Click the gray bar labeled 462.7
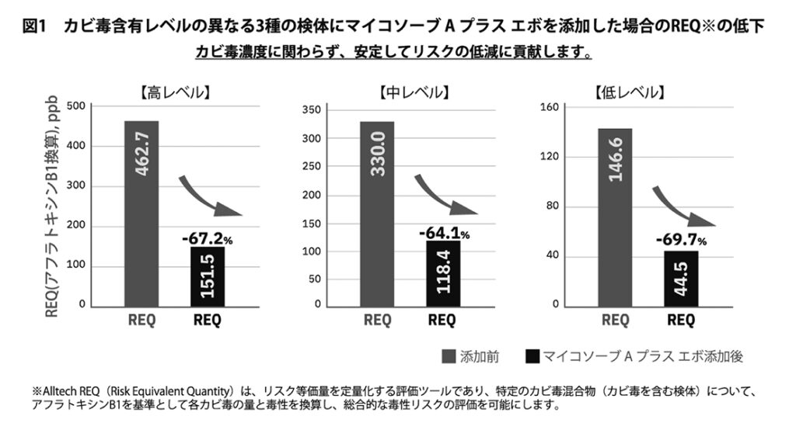click(141, 213)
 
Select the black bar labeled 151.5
click(207, 276)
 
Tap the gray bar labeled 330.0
click(377, 213)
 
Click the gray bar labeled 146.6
click(615, 217)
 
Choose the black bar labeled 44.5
click(681, 278)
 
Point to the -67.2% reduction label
click(207, 236)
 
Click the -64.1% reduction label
click(442, 231)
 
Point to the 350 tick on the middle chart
click(311, 109)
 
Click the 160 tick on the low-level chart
click(550, 107)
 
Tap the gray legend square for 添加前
click(449, 358)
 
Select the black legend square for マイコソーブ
click(532, 358)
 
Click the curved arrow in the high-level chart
click(210, 198)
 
